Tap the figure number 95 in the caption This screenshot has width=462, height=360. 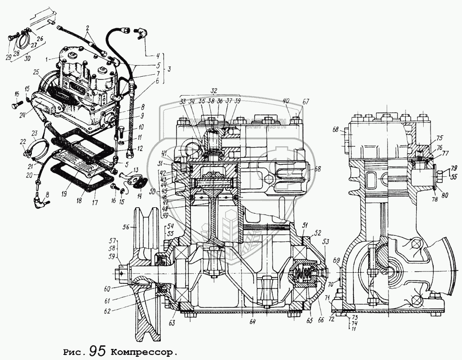coord(99,350)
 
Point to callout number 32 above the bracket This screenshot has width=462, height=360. coord(214,91)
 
